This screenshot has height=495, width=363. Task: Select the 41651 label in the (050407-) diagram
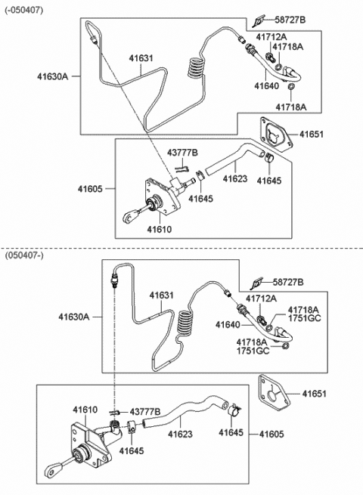click(318, 393)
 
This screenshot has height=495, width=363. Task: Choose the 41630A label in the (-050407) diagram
click(54, 76)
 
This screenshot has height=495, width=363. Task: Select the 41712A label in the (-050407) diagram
click(271, 36)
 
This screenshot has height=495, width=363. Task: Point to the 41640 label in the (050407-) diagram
click(228, 325)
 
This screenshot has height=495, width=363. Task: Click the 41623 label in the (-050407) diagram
click(234, 179)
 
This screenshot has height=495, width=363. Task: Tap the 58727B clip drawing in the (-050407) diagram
click(260, 18)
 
